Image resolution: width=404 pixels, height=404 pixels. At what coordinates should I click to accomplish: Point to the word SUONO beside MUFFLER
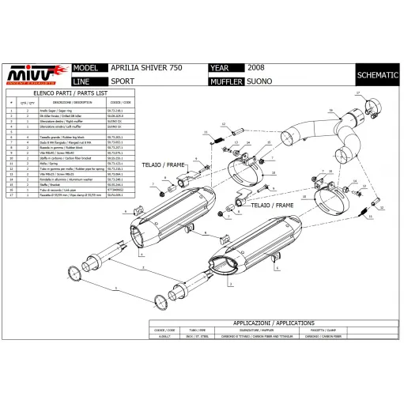click(257, 81)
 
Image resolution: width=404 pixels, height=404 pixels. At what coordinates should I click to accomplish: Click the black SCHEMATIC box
click(376, 75)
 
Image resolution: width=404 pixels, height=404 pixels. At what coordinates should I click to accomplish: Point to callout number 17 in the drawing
click(357, 93)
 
